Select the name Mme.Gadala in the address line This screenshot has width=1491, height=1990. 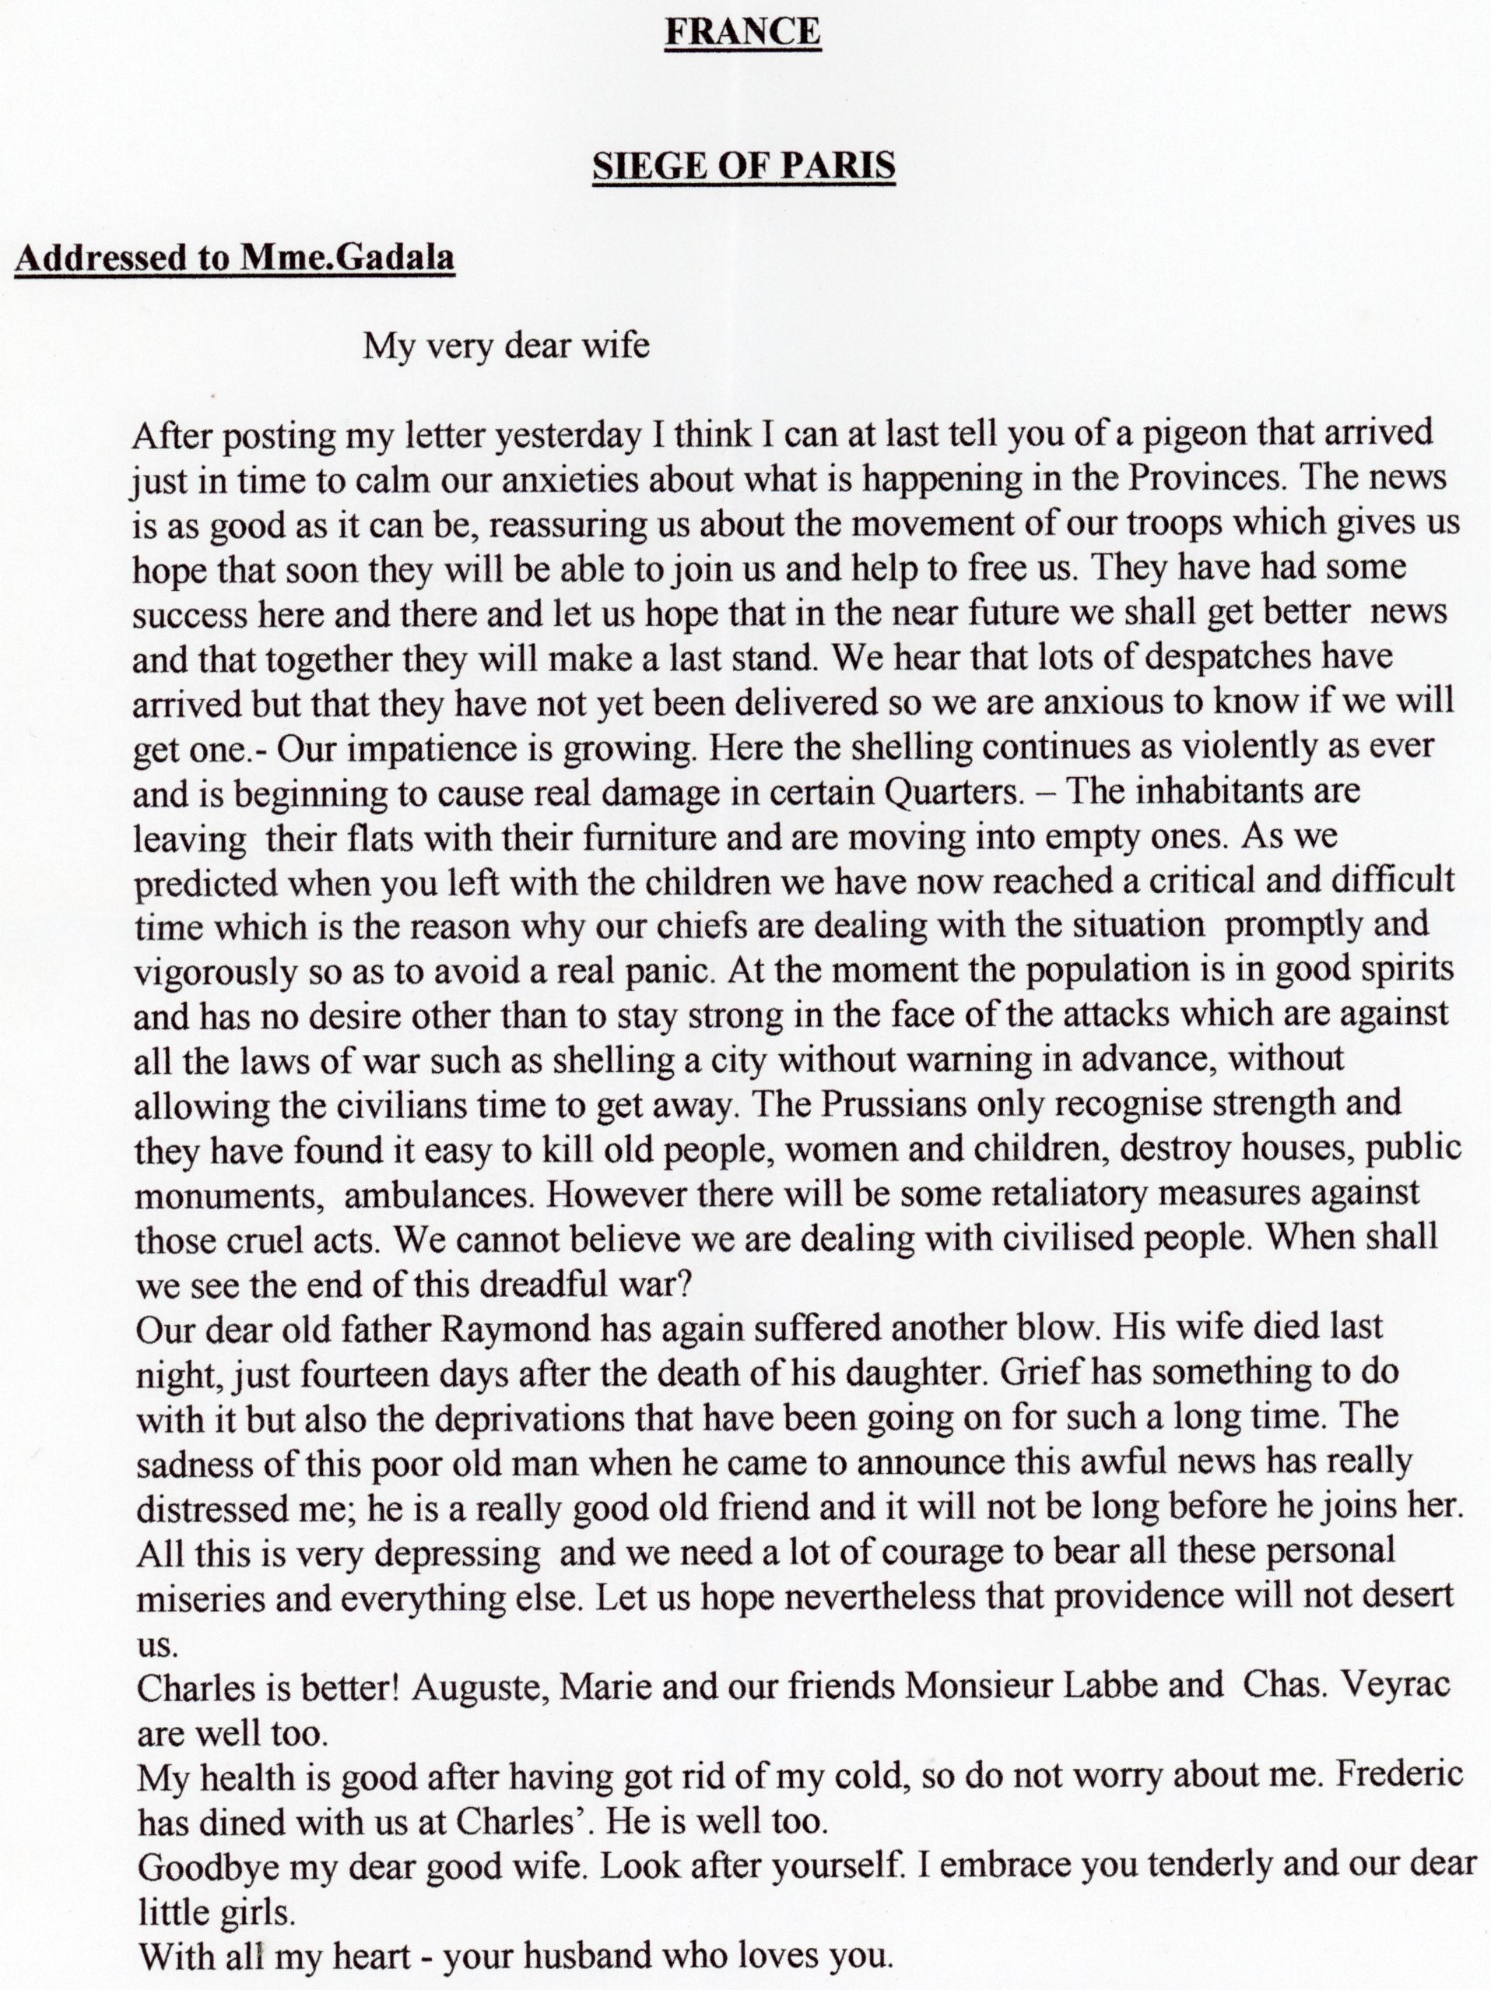tap(347, 258)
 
